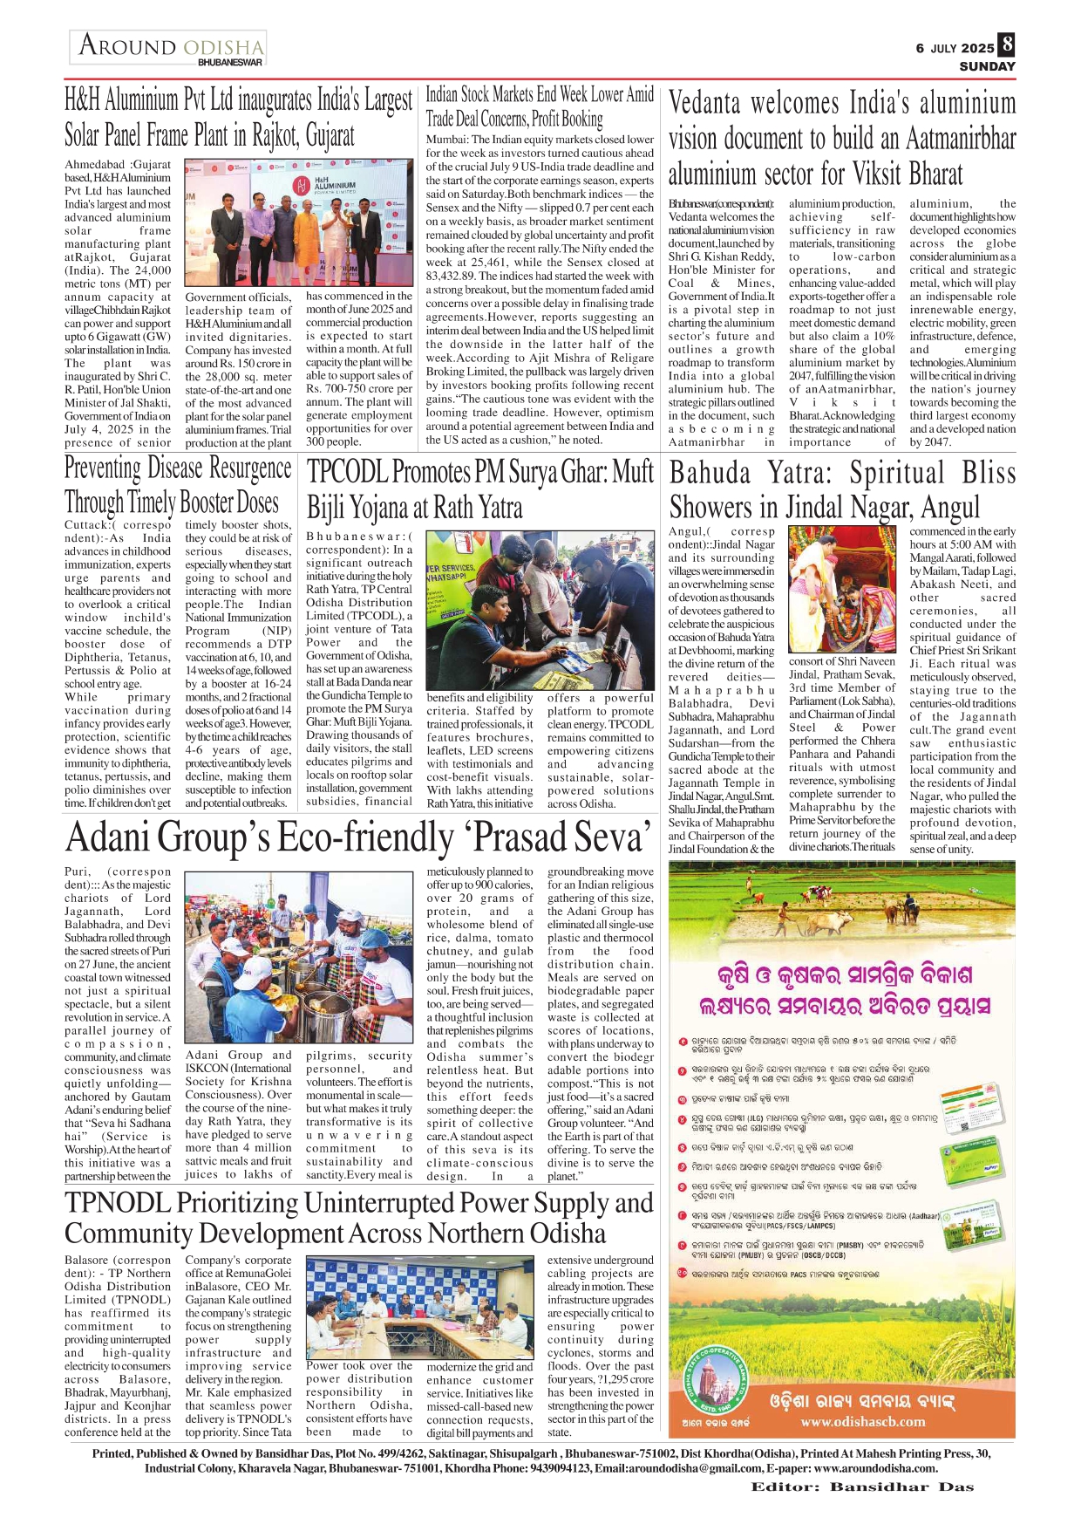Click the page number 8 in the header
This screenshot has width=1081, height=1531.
click(1007, 44)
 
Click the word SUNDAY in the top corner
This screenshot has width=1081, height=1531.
click(987, 66)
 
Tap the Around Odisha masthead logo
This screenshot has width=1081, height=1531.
click(168, 48)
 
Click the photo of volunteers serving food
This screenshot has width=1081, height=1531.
click(299, 957)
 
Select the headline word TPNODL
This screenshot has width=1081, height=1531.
click(117, 1203)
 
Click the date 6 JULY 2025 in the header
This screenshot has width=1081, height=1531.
click(954, 49)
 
